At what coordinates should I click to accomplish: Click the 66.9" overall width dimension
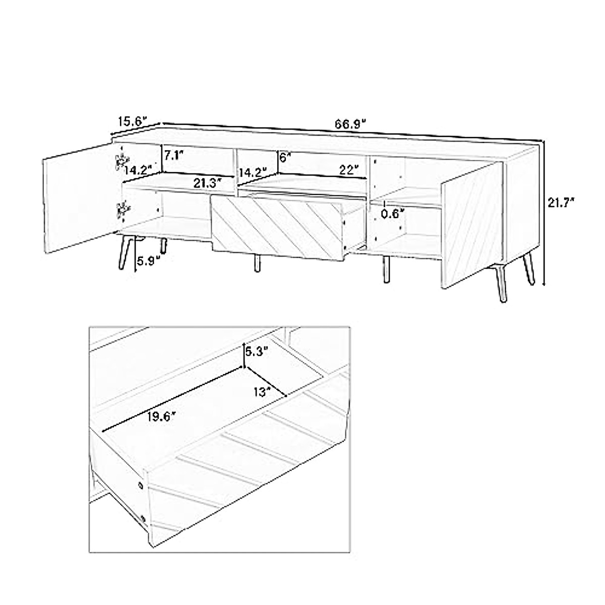[350, 124]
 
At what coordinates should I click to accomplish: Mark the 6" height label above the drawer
[286, 157]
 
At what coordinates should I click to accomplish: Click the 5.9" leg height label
[149, 261]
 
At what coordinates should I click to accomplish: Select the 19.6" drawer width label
[162, 416]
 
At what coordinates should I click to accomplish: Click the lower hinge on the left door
[122, 210]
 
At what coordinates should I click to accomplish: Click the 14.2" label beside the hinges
[138, 170]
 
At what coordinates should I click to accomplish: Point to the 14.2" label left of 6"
[252, 172]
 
